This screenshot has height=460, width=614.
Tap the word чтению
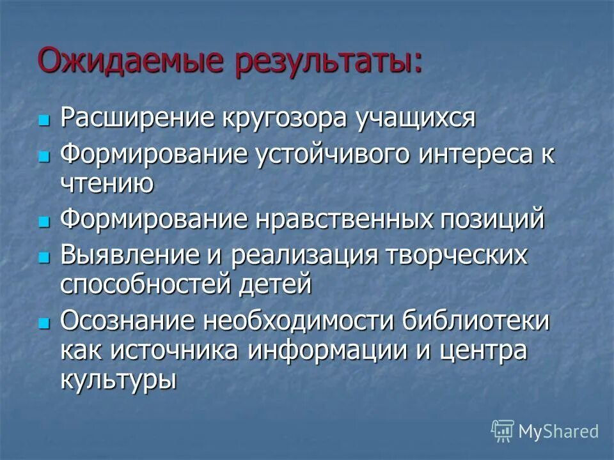point(107,183)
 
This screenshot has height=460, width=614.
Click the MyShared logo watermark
point(544,431)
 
